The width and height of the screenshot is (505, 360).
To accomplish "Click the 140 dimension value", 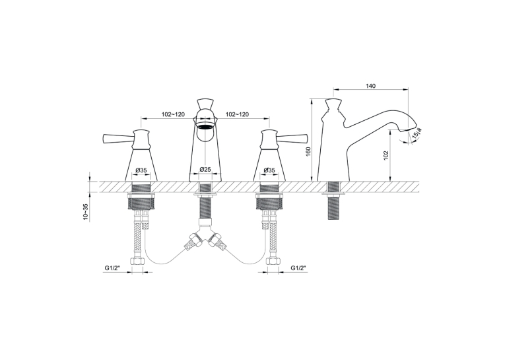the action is pyautogui.click(x=371, y=86).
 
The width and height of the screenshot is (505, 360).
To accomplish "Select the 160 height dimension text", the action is pyautogui.click(x=308, y=151).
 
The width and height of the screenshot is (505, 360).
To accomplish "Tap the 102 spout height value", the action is pyautogui.click(x=387, y=156).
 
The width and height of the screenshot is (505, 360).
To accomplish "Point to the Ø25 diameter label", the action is pyautogui.click(x=205, y=169).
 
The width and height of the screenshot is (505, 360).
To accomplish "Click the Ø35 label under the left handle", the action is pyautogui.click(x=141, y=170).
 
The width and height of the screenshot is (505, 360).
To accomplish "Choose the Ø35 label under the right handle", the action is pyautogui.click(x=269, y=170).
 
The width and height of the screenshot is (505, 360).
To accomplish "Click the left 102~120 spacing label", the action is pyautogui.click(x=173, y=114).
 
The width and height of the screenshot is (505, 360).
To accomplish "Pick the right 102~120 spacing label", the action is pyautogui.click(x=237, y=114).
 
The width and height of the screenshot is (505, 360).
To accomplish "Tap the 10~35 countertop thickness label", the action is pyautogui.click(x=85, y=211).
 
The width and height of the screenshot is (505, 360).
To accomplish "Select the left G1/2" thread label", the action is pyautogui.click(x=112, y=268).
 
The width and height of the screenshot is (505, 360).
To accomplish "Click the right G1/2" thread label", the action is pyautogui.click(x=298, y=268).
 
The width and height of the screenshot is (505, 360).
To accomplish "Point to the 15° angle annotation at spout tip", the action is pyautogui.click(x=417, y=133).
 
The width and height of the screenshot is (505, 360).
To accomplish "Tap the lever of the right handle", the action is pyautogui.click(x=292, y=139).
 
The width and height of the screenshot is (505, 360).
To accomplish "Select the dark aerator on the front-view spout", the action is pyautogui.click(x=205, y=126).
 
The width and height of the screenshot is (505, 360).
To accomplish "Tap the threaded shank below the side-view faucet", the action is pyautogui.click(x=334, y=200).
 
